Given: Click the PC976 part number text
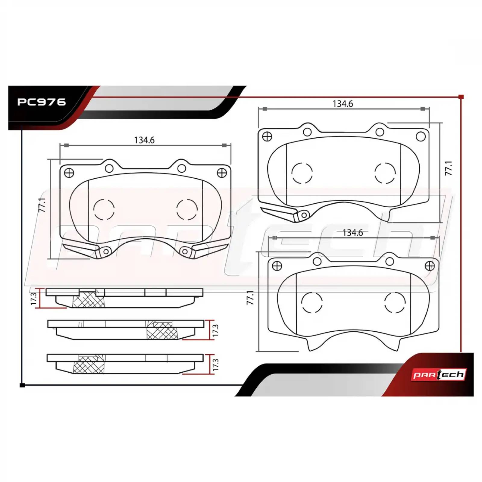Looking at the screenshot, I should (41, 102).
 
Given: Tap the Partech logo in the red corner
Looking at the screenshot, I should (438, 375).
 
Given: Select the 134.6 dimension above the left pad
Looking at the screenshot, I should (144, 140).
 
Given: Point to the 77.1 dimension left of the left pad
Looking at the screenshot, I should (42, 205).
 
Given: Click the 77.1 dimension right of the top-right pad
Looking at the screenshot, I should (449, 168).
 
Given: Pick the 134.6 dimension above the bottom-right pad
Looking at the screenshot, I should (352, 233).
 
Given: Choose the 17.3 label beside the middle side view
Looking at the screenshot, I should (215, 330).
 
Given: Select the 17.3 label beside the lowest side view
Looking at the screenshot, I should (215, 365).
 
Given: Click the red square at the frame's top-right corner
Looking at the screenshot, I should (461, 97).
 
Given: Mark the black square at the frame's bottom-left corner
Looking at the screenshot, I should (22, 385).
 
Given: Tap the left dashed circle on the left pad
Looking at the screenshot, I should (104, 209).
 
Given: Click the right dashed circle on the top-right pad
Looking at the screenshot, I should (385, 173).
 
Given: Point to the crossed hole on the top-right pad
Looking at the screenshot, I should (267, 136).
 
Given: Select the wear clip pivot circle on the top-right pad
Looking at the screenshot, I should (304, 215).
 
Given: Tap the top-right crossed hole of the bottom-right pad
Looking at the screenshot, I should (430, 266).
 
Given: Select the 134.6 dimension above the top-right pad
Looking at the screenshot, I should (343, 104).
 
